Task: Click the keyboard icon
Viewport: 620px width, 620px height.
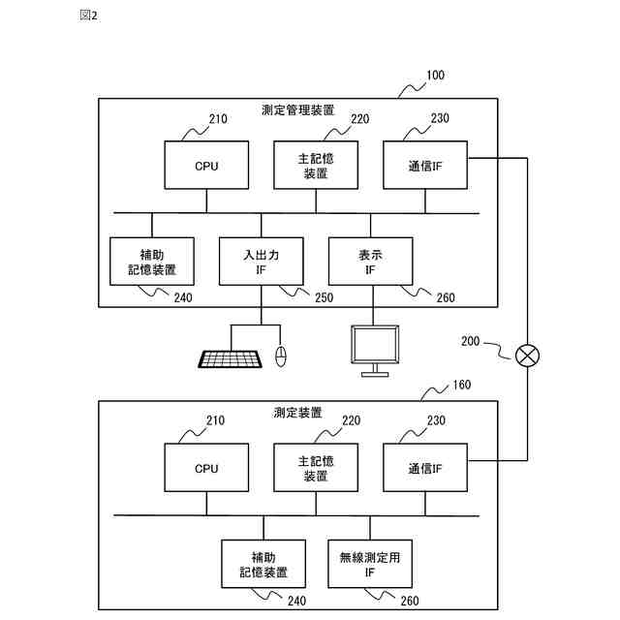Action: tap(230, 359)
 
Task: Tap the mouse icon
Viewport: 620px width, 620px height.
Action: tap(281, 356)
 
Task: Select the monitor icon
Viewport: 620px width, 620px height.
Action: tap(375, 351)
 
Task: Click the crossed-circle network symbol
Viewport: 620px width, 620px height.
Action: tap(527, 356)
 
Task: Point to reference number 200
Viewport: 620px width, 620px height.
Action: tap(470, 341)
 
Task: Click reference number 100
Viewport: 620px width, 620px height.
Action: tap(435, 76)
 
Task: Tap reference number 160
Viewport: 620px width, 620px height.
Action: tap(461, 385)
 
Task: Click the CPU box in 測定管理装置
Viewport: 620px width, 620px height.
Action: tap(206, 165)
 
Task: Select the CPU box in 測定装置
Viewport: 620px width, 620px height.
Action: tap(206, 467)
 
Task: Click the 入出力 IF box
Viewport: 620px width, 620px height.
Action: tap(261, 262)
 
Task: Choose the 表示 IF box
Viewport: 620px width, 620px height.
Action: tap(370, 262)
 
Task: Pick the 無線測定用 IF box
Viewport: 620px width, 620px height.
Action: tap(370, 564)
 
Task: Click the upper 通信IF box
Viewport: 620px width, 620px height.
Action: tap(425, 165)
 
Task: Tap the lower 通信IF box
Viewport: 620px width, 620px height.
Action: tap(425, 467)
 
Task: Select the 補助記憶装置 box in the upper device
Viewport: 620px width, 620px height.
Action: tap(152, 262)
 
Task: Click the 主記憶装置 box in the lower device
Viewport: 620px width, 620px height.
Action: tap(316, 467)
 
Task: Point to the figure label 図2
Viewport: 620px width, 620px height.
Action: tap(88, 15)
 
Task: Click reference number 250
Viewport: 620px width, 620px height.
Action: tap(324, 297)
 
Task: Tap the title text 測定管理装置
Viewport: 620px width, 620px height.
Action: tap(297, 109)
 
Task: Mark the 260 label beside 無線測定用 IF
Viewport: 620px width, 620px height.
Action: tap(410, 601)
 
